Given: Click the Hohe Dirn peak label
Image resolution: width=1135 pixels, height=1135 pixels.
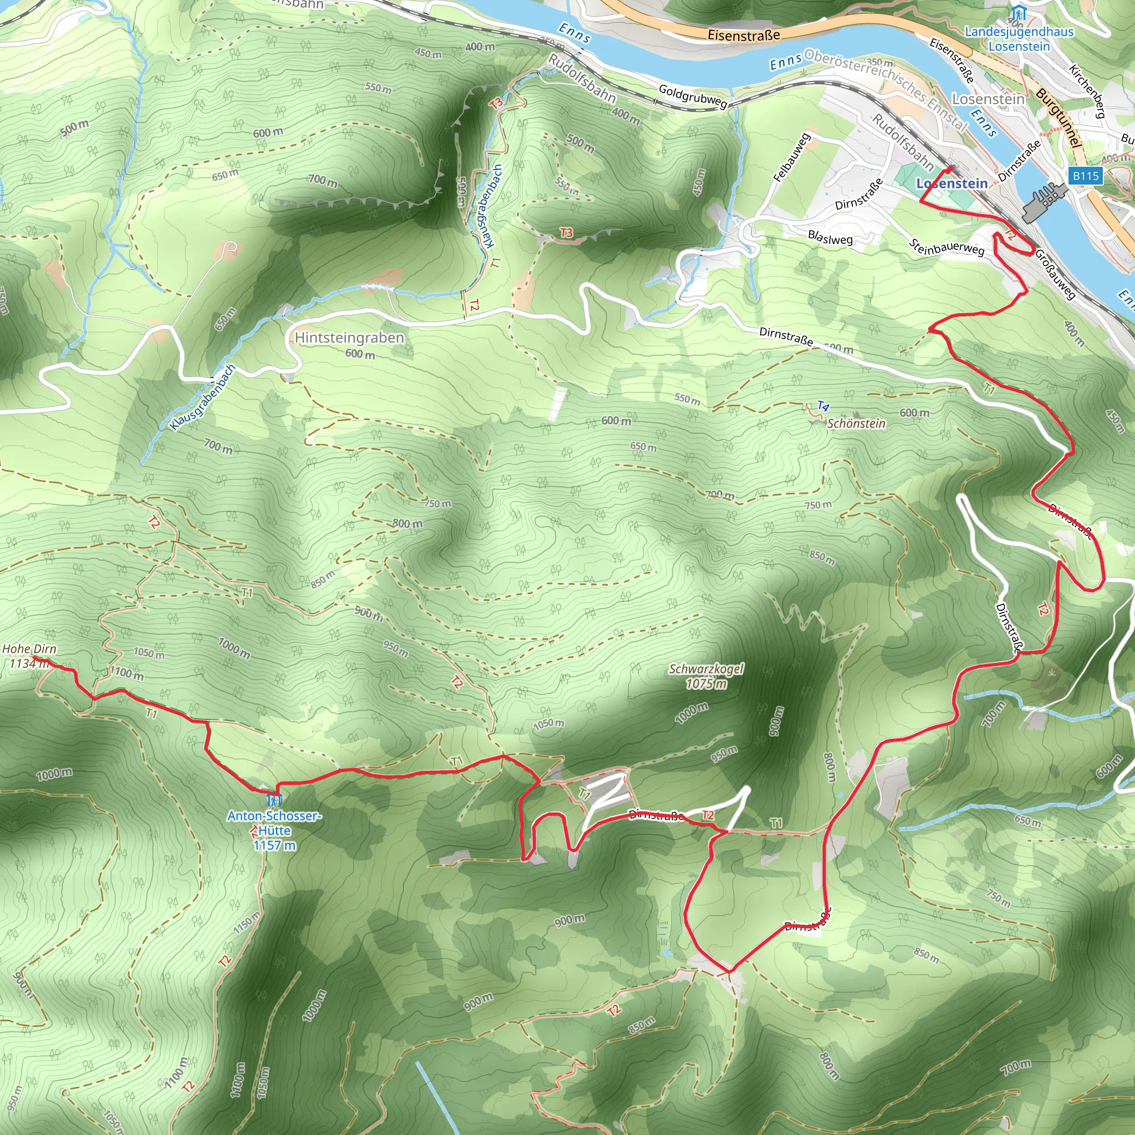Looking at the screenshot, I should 29,648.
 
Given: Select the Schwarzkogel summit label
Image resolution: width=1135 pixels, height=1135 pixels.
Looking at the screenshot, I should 707,669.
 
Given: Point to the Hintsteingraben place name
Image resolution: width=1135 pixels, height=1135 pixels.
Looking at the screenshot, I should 350,338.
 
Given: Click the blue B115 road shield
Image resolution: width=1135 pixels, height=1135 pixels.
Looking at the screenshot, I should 1085,176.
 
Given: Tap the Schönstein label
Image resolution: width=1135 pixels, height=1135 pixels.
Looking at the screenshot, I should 856,423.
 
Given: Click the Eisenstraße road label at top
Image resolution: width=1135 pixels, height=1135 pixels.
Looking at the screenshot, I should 744,35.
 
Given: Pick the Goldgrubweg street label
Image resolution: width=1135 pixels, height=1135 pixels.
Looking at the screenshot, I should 693,96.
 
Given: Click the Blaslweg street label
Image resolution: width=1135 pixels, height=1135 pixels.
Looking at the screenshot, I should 830,238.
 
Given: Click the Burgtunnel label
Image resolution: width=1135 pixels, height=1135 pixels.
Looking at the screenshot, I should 1059,117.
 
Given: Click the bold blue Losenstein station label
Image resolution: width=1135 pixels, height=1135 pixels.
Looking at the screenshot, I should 952,184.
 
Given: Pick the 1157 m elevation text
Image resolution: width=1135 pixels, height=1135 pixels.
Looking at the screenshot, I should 274,845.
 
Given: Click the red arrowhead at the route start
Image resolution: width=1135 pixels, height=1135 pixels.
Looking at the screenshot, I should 950,168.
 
